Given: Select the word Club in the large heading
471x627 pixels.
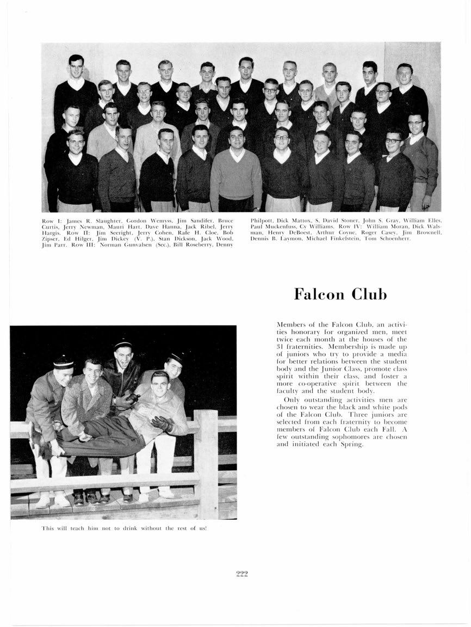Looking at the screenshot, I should (369, 294).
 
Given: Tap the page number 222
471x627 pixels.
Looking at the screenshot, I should (242, 573).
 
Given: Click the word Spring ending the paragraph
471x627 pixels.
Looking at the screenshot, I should (351, 444).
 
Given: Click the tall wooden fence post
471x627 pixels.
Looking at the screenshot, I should (207, 463).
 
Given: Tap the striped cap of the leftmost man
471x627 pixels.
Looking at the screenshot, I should (63, 362).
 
